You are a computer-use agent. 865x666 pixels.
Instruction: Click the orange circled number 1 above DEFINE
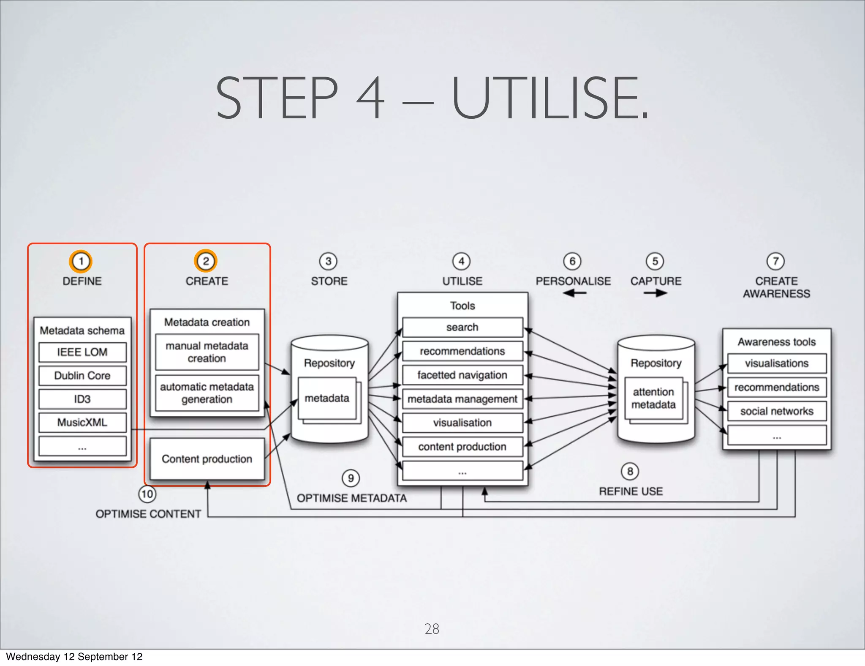(81, 261)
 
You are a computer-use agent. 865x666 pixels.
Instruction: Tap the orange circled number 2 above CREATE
(205, 261)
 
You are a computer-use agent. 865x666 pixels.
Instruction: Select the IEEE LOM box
(82, 352)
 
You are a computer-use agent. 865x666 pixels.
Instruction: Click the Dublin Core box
(82, 376)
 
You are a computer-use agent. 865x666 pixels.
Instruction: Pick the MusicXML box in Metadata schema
(82, 423)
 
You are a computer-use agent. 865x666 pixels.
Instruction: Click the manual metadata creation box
(207, 352)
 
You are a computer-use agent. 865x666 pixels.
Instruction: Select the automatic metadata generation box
(207, 393)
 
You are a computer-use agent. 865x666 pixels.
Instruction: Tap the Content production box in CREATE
(207, 459)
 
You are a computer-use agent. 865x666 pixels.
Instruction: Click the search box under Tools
(462, 328)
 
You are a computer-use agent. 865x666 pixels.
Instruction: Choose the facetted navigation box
(462, 375)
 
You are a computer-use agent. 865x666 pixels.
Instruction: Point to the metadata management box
(462, 399)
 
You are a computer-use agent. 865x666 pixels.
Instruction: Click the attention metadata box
(653, 399)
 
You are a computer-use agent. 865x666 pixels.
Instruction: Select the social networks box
(777, 411)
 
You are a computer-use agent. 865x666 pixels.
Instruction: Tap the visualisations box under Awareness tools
(777, 363)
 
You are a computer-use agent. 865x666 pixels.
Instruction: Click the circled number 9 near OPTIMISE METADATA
(351, 478)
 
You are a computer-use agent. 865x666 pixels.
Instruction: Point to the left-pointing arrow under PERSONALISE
(574, 293)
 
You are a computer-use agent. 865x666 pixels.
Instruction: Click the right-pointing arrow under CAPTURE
(656, 293)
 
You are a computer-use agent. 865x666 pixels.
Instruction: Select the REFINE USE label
(631, 491)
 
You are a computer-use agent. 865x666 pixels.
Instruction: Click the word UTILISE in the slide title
(549, 98)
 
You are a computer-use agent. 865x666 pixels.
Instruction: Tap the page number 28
(432, 629)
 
